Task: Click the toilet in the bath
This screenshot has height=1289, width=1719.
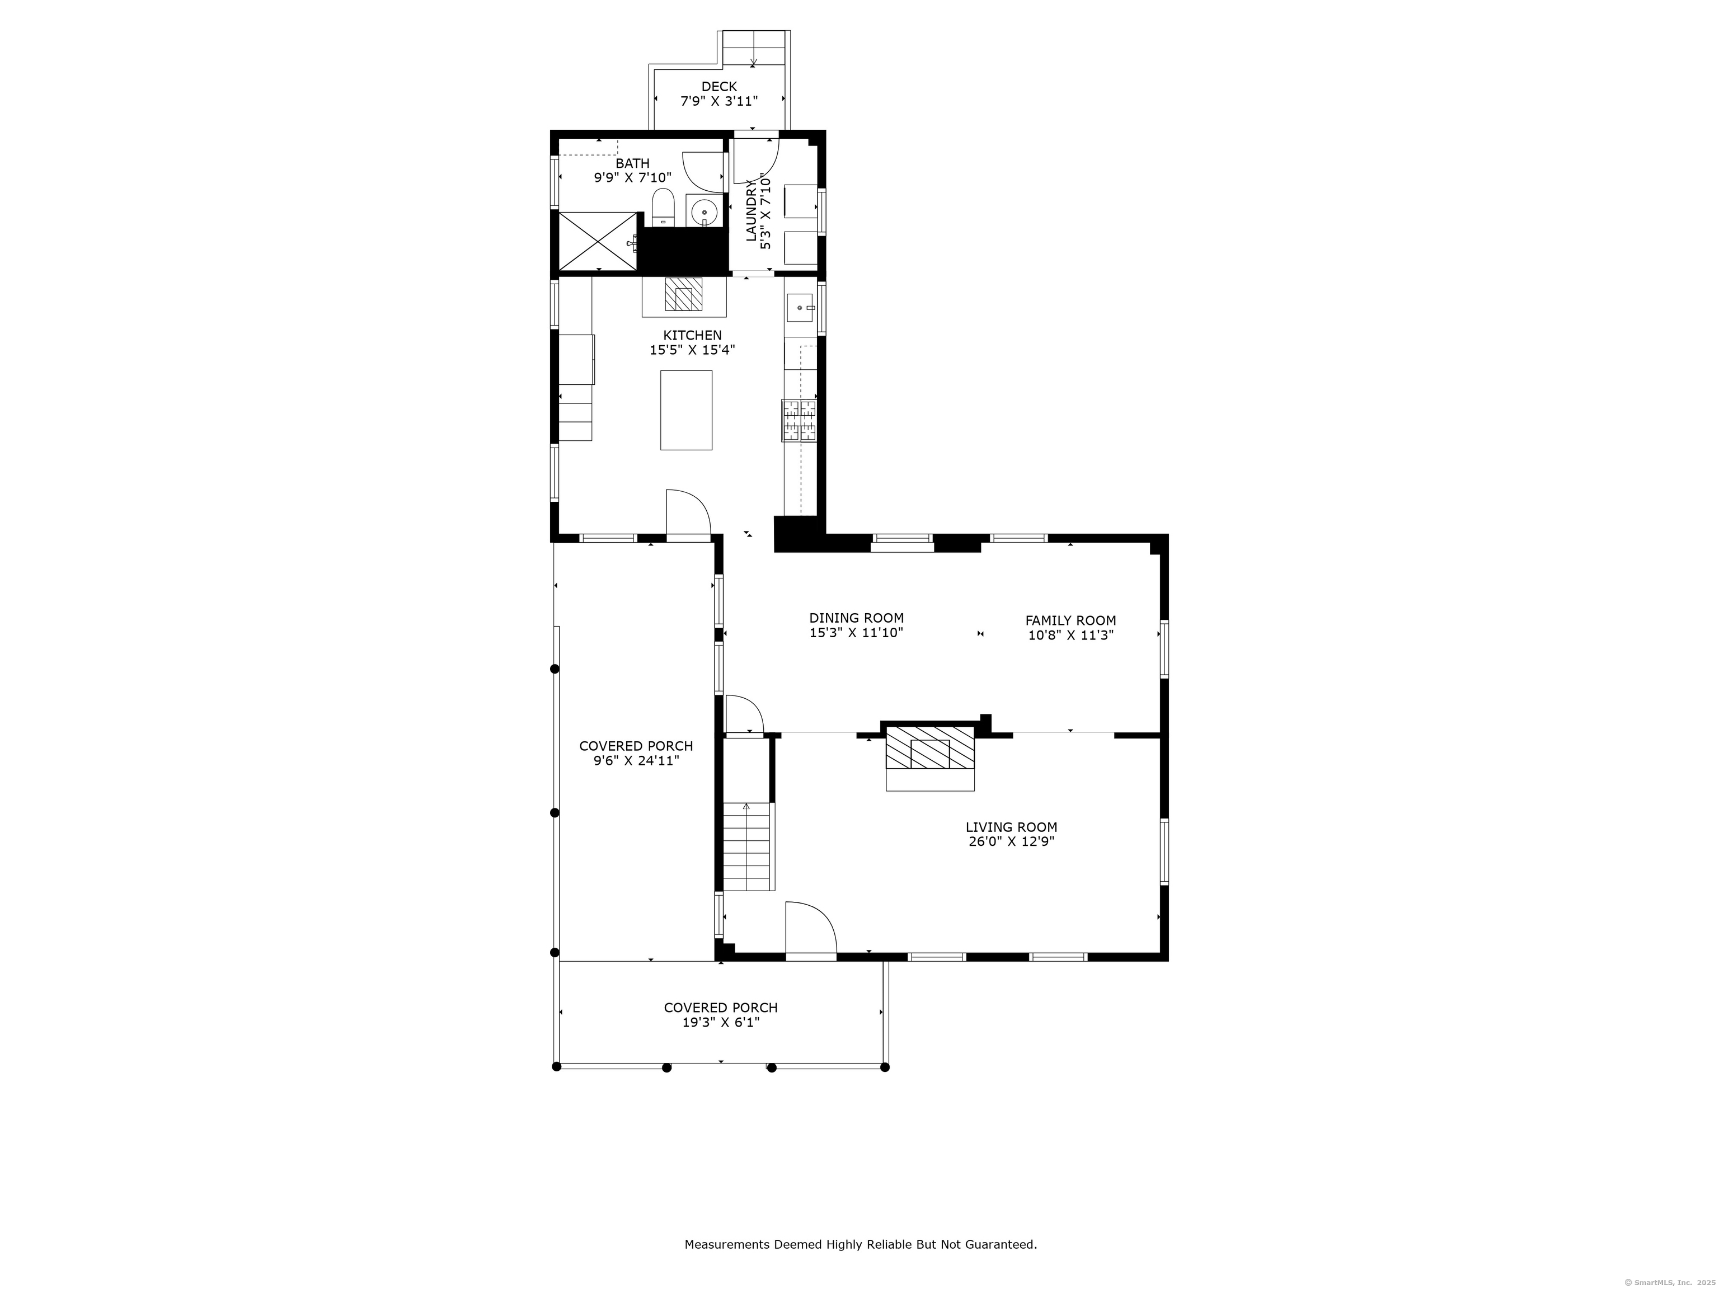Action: tap(662, 206)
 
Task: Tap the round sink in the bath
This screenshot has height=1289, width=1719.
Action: tap(704, 210)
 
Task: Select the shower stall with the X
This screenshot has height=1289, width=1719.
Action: tap(598, 241)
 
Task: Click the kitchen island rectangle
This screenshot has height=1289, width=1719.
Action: tap(685, 410)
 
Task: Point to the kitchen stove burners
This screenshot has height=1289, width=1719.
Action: tap(800, 420)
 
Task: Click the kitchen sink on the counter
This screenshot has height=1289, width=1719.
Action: tap(800, 308)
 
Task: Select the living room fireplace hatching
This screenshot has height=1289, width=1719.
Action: tap(930, 747)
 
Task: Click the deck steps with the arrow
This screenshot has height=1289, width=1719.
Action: tap(753, 49)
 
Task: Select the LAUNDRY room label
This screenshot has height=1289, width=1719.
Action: tap(752, 211)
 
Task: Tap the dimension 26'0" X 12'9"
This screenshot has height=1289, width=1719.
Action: tap(1011, 841)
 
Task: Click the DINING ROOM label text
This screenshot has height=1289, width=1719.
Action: tap(856, 618)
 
